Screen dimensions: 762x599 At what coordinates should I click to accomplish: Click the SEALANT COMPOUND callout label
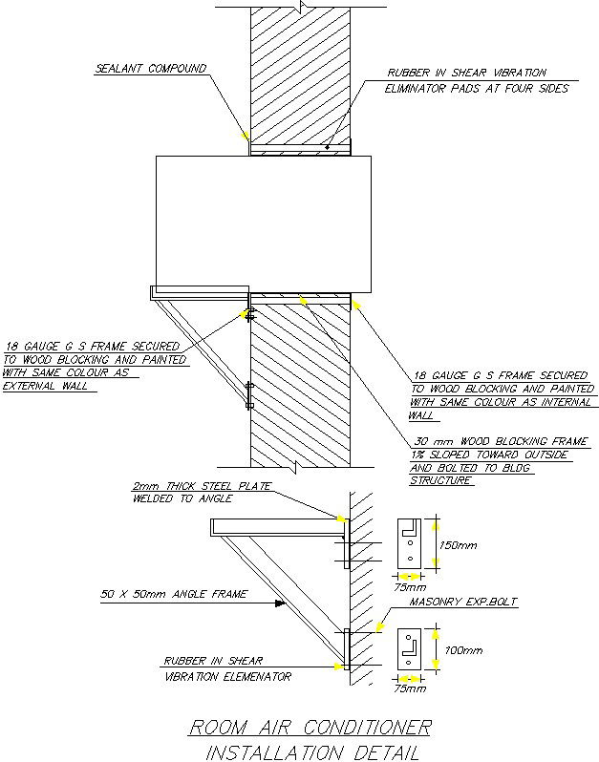pyautogui.click(x=151, y=70)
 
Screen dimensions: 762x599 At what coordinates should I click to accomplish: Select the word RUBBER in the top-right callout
pyautogui.click(x=408, y=73)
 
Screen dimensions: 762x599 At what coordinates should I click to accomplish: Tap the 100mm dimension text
pyautogui.click(x=461, y=650)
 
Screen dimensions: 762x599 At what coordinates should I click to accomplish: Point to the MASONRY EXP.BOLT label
pyautogui.click(x=462, y=603)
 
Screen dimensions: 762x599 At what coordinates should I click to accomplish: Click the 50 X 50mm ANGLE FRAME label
pyautogui.click(x=174, y=594)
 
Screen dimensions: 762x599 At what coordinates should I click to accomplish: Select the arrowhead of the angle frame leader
pyautogui.click(x=280, y=603)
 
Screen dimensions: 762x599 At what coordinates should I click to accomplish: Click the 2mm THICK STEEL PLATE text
pyautogui.click(x=202, y=486)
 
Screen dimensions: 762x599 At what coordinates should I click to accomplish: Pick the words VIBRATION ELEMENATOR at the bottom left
pyautogui.click(x=227, y=676)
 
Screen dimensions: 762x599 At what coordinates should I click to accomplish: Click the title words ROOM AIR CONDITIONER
pyautogui.click(x=310, y=728)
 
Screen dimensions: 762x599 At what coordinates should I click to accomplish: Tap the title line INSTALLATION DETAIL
pyautogui.click(x=312, y=752)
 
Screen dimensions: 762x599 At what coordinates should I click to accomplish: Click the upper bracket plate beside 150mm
pyautogui.click(x=409, y=542)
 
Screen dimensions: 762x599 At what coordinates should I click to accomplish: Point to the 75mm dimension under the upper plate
pyautogui.click(x=410, y=587)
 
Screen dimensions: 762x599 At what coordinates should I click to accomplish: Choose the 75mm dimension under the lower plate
pyautogui.click(x=410, y=688)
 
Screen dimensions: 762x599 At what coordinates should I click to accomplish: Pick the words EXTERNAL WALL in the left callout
pyautogui.click(x=45, y=386)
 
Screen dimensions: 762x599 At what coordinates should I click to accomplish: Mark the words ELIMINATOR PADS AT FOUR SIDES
pyautogui.click(x=477, y=89)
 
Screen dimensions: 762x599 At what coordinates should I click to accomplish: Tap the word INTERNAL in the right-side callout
pyautogui.click(x=548, y=402)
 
